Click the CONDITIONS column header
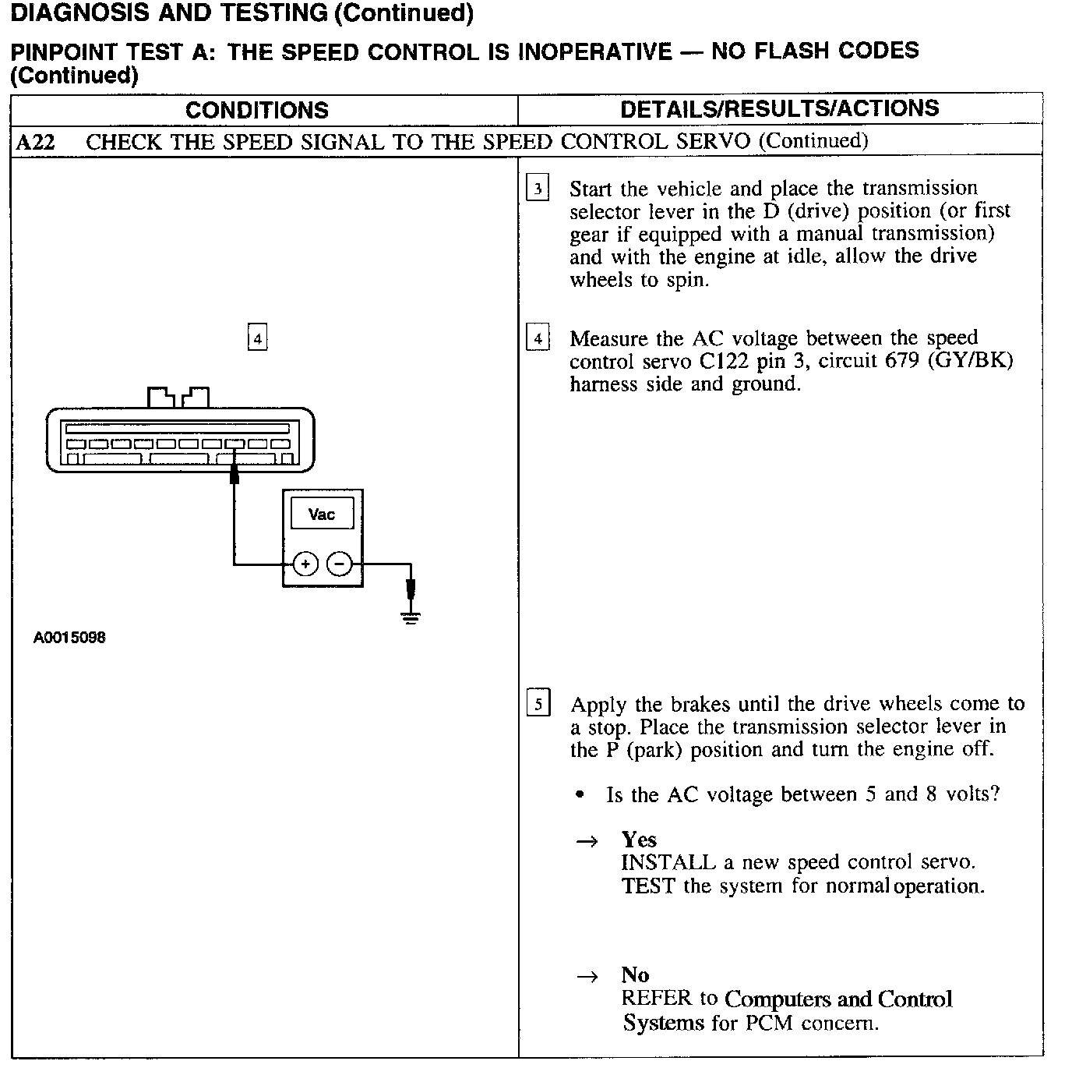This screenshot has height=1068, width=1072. coord(257,110)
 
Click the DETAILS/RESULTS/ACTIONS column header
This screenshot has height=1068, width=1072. coord(780,108)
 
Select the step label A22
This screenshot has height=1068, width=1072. coord(35,142)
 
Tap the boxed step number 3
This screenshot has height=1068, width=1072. coord(538,189)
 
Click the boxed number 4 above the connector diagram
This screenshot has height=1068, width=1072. coord(257,338)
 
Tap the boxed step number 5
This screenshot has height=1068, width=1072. coord(538,704)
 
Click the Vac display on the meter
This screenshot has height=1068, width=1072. coord(322,515)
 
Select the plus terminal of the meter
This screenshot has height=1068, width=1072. coord(305,564)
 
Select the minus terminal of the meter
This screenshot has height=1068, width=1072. coord(339,564)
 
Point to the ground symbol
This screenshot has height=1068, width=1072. coord(411,617)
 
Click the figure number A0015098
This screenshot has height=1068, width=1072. coord(69,638)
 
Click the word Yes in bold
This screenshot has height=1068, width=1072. coord(639,840)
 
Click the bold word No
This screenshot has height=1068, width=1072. coord(635,974)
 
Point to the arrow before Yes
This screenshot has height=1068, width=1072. coord(587,841)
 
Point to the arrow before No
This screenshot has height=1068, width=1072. coord(587,976)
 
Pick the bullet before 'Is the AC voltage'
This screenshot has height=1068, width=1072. coord(579,796)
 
